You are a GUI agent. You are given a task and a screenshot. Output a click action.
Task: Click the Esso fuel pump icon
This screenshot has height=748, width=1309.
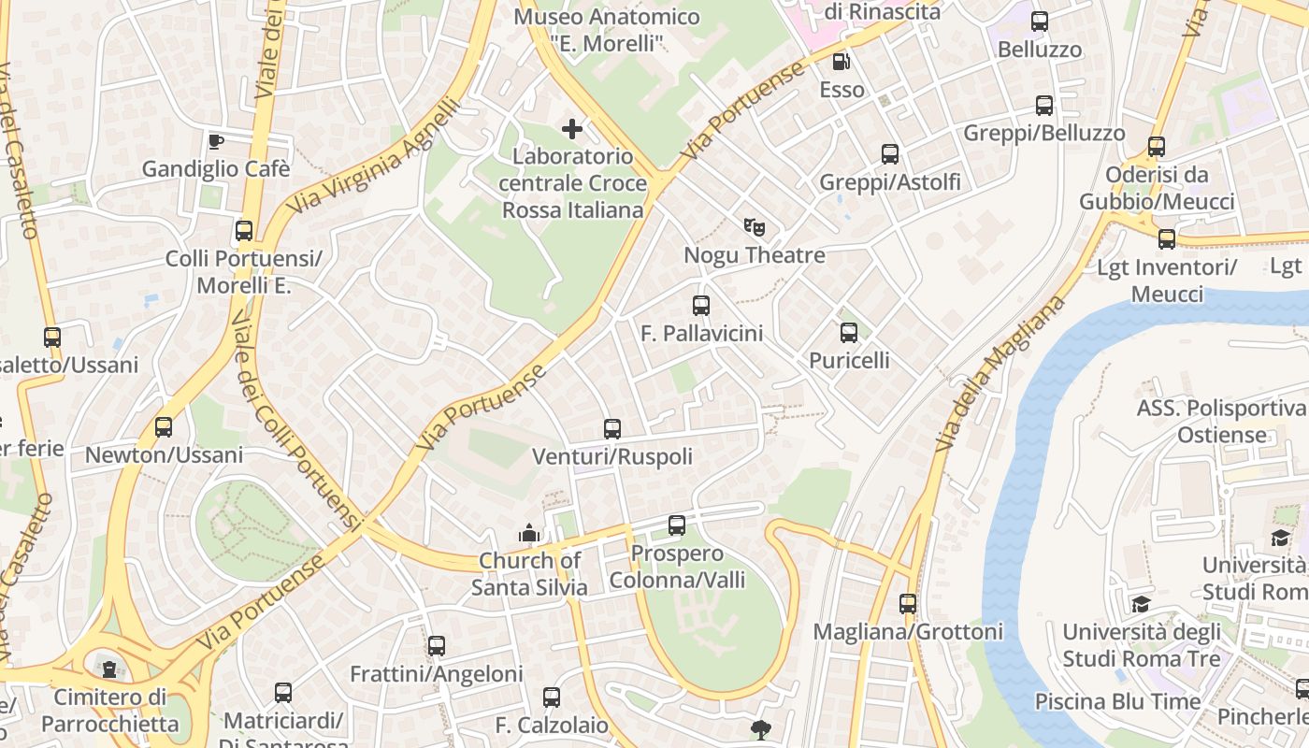pyautogui.click(x=841, y=62)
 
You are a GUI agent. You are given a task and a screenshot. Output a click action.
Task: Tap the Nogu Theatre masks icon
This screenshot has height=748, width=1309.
pyautogui.click(x=755, y=226)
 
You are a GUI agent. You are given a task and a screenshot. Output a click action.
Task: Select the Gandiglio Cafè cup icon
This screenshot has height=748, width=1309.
pyautogui.click(x=216, y=141)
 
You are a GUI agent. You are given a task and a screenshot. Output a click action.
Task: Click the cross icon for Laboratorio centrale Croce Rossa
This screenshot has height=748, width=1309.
pyautogui.click(x=572, y=128)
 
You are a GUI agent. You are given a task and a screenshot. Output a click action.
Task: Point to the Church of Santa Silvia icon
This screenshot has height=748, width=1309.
pyautogui.click(x=529, y=533)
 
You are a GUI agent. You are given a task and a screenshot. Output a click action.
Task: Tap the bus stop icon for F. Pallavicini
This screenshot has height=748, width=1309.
pyautogui.click(x=701, y=305)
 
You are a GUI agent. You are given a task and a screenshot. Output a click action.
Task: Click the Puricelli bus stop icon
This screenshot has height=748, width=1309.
pyautogui.click(x=849, y=332)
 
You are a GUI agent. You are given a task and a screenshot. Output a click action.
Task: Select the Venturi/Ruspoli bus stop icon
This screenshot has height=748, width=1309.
pyautogui.click(x=612, y=429)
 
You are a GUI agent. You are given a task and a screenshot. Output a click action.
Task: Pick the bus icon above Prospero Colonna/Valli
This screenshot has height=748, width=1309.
pyautogui.click(x=677, y=525)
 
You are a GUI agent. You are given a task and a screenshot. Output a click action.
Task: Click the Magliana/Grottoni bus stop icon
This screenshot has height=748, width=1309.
pyautogui.click(x=908, y=604)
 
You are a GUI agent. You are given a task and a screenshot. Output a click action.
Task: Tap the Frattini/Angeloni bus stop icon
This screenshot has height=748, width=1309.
pyautogui.click(x=437, y=645)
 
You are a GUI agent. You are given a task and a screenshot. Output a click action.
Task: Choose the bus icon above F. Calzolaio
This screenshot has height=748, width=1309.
pyautogui.click(x=552, y=698)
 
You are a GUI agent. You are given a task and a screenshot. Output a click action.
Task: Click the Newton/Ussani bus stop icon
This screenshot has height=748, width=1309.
pyautogui.click(x=164, y=427)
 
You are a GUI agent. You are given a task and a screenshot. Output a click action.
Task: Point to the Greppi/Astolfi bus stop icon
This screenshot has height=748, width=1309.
pyautogui.click(x=890, y=154)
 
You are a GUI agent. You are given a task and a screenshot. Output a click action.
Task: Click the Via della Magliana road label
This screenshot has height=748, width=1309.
pyautogui.click(x=1000, y=374)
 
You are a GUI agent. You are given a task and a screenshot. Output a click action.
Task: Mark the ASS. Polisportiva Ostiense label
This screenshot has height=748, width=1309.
pyautogui.click(x=1221, y=422)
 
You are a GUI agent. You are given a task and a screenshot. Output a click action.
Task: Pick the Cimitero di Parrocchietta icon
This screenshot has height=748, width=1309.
pyautogui.click(x=110, y=669)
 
